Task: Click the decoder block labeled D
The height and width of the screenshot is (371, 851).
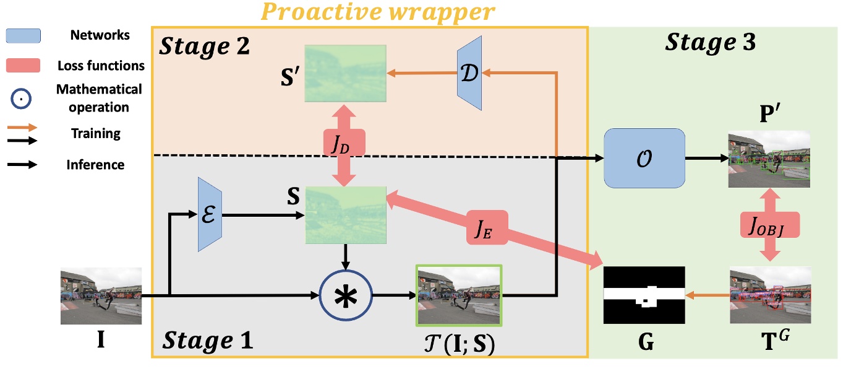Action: (x=469, y=73)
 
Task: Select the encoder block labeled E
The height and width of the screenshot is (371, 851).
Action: (x=209, y=214)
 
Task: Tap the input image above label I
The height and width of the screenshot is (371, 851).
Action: (x=101, y=296)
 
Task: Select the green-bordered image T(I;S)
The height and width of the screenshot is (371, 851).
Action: (x=459, y=295)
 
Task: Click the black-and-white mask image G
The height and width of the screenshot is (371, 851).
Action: (x=644, y=295)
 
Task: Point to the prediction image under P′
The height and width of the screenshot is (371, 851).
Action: (x=769, y=159)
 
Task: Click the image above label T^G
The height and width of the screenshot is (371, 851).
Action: (x=769, y=295)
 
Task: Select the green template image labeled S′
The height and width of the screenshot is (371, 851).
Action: (x=344, y=74)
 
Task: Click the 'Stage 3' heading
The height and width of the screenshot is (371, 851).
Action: (x=711, y=43)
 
